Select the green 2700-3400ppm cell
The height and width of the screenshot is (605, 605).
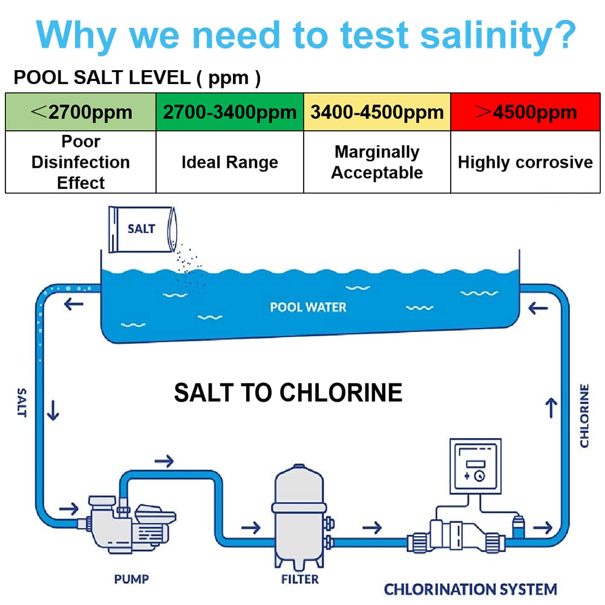pyautogui.click(x=230, y=112)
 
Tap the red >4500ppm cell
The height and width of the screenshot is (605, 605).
pyautogui.click(x=525, y=112)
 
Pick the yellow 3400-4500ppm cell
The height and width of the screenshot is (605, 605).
pyautogui.click(x=377, y=112)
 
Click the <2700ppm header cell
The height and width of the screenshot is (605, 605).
pyautogui.click(x=80, y=112)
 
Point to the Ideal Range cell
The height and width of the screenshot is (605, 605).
pyautogui.click(x=230, y=162)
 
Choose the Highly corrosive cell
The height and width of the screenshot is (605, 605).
pyautogui.click(x=525, y=162)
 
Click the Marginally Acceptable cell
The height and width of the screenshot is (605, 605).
pyautogui.click(x=377, y=162)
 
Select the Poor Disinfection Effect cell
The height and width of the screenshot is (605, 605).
pyautogui.click(x=80, y=162)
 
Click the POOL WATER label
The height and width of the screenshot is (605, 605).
pyautogui.click(x=308, y=307)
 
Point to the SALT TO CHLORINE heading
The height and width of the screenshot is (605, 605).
pyautogui.click(x=288, y=393)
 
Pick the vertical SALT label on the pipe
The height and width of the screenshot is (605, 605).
pyautogui.click(x=22, y=403)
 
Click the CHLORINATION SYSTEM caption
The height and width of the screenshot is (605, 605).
pyautogui.click(x=471, y=589)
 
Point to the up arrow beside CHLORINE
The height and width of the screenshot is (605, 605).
pyautogui.click(x=551, y=409)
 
